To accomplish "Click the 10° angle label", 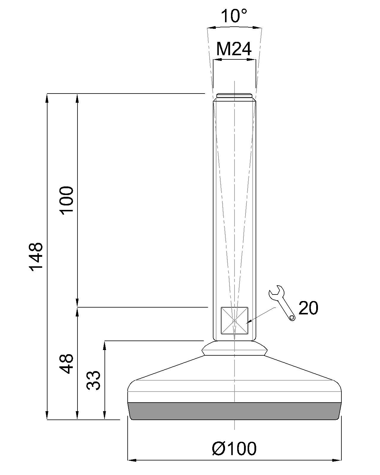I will [x=234, y=16].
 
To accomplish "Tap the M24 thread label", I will [x=234, y=49].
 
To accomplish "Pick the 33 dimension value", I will [x=94, y=380].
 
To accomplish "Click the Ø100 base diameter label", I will [x=234, y=449].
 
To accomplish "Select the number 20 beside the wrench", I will [x=308, y=308].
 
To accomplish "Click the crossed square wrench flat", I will [x=235, y=321].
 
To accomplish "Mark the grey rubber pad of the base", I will [x=235, y=411].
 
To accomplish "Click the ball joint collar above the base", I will [x=234, y=348].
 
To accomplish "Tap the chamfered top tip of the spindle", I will [x=235, y=95].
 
